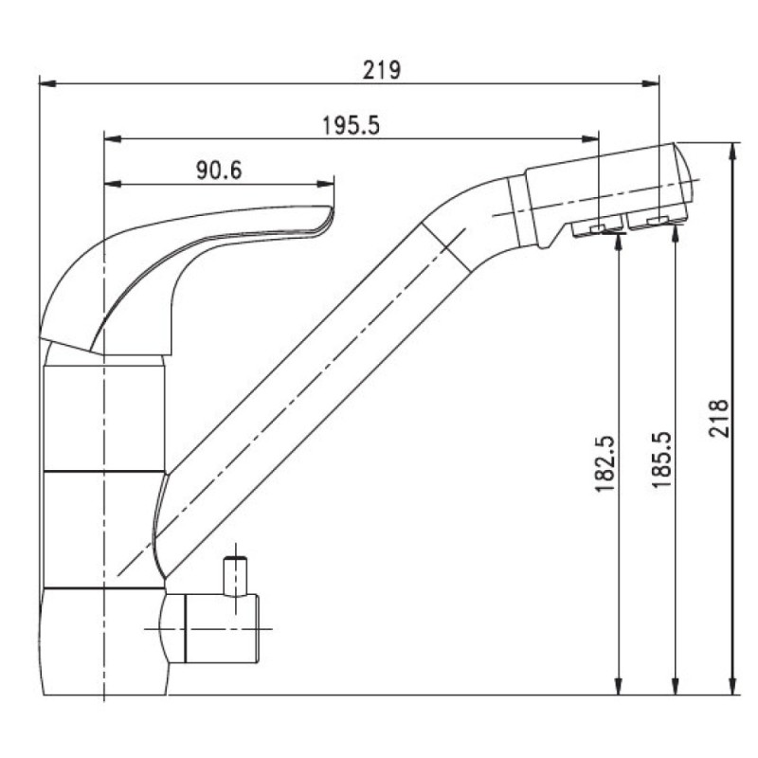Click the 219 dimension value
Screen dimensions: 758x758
point(382,70)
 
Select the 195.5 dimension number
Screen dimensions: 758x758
point(351,126)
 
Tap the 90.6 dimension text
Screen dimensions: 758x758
point(219,171)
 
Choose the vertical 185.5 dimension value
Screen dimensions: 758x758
point(661,460)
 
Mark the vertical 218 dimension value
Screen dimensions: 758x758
point(719,419)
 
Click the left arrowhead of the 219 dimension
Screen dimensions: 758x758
point(47,84)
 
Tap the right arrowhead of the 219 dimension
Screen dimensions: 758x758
point(650,84)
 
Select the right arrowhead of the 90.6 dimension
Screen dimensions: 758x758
point(325,184)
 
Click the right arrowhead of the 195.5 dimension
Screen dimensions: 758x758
point(590,139)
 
